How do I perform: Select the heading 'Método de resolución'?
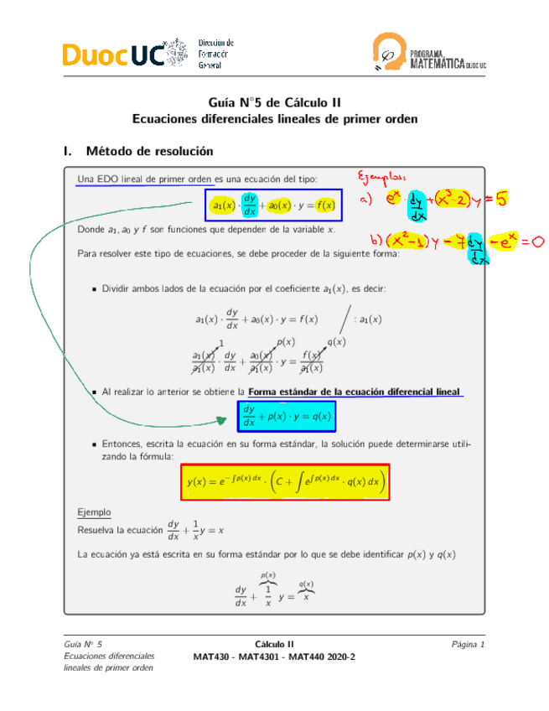click(150, 152)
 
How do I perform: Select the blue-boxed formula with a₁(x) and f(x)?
click(272, 205)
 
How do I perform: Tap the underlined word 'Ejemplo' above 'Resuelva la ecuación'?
click(94, 511)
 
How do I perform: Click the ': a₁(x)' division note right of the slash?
click(366, 319)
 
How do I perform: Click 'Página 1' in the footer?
click(468, 644)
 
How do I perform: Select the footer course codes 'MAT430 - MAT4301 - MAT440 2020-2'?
click(274, 656)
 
